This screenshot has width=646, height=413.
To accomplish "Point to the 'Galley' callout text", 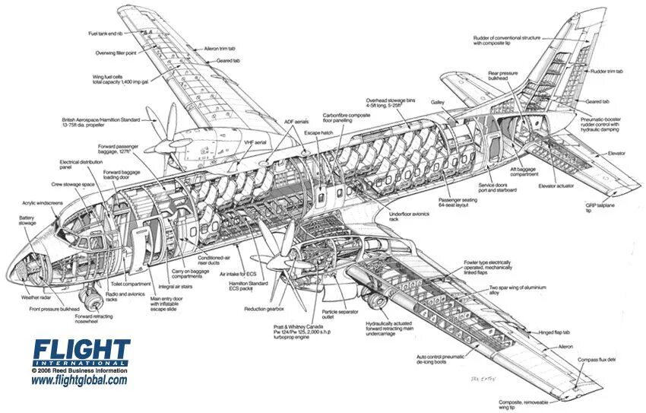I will click(437, 101).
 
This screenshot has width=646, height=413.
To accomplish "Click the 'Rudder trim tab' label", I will click(606, 71).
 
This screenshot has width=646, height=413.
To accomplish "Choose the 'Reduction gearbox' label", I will click(264, 309).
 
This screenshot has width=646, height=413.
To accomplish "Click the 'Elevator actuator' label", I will click(558, 186).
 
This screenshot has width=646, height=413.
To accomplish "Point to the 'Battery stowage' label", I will click(27, 220).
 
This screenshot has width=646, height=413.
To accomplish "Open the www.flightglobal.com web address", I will click(79, 380).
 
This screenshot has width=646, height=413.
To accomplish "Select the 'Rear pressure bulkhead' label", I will click(502, 76).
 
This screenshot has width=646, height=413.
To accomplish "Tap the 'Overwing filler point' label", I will click(116, 53).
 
